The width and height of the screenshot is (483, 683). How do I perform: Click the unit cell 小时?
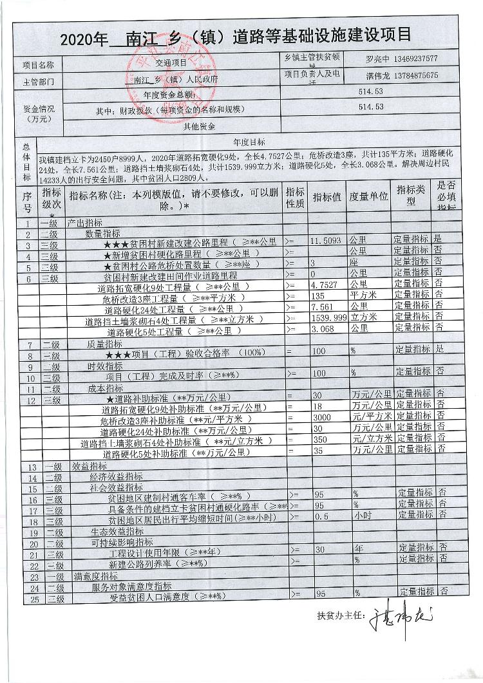click(361, 516)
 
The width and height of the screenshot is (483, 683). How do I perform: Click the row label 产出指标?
click(85, 222)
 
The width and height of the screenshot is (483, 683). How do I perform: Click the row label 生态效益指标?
click(117, 531)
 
